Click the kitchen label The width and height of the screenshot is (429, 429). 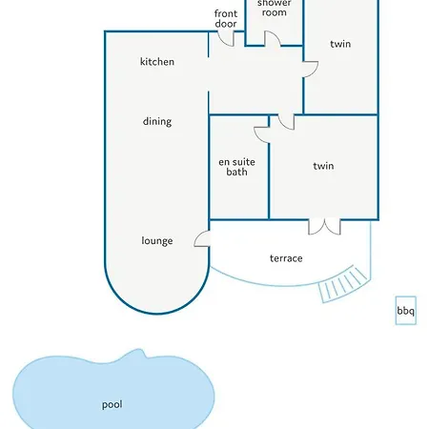(157, 61)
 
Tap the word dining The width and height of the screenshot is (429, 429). (157, 121)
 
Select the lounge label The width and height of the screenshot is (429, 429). (157, 240)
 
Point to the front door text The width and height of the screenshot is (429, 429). (226, 18)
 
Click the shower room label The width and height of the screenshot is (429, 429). (274, 9)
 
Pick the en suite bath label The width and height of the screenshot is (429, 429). (236, 167)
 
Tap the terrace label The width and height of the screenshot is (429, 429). (286, 258)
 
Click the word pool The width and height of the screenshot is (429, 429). (112, 404)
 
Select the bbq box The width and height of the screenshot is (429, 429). (406, 311)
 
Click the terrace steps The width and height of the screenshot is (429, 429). (344, 284)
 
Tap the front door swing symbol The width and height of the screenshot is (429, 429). (226, 38)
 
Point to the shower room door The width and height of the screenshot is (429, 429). (273, 38)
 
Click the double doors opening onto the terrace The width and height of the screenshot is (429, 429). (324, 227)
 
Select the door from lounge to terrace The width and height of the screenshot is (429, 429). (202, 238)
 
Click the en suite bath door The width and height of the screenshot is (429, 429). (261, 135)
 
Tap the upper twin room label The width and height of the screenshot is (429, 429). (340, 44)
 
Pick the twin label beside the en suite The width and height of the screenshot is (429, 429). (323, 166)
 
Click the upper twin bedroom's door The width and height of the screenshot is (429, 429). (311, 70)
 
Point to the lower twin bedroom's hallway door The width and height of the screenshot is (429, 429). (286, 122)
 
